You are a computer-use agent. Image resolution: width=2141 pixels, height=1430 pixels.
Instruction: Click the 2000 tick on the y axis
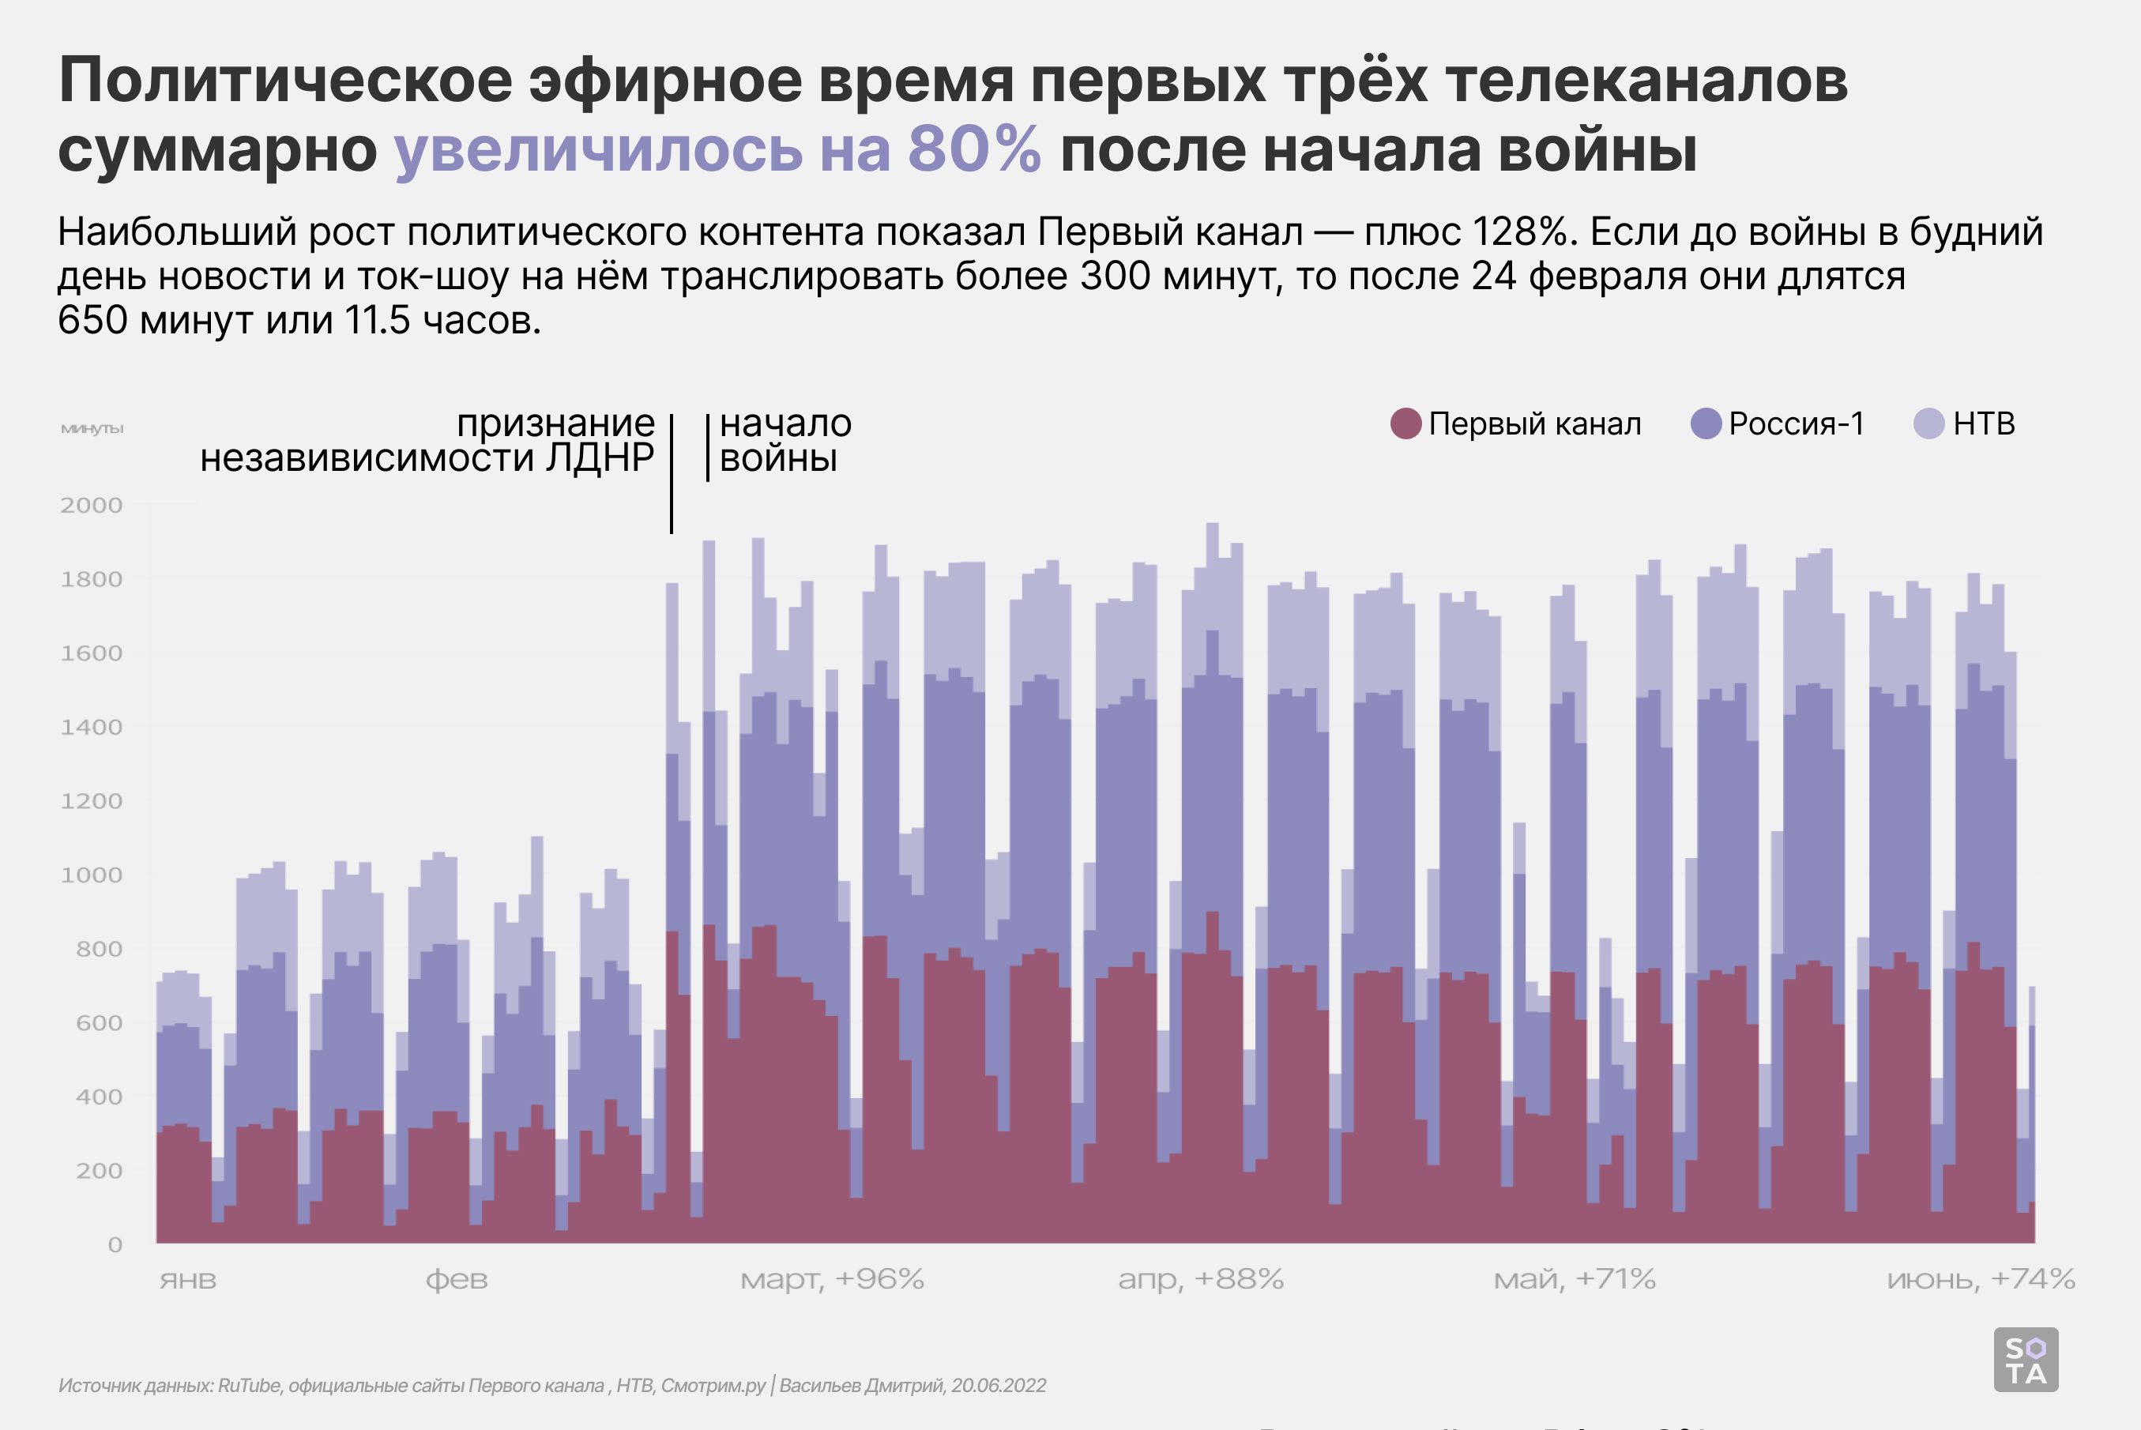(91, 506)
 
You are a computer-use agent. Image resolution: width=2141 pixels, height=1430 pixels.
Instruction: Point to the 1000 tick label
(91, 875)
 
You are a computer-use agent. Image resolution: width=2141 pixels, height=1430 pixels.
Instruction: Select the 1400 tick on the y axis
(91, 728)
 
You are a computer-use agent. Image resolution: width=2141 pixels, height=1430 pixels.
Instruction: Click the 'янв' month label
(188, 1280)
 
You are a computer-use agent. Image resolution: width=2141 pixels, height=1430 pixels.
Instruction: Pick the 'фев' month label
(456, 1280)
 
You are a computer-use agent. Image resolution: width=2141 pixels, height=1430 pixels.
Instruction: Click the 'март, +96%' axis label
(832, 1280)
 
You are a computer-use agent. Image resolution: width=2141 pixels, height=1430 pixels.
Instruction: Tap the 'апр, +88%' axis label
(1201, 1280)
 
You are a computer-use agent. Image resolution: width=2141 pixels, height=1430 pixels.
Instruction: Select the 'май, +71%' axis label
(1574, 1280)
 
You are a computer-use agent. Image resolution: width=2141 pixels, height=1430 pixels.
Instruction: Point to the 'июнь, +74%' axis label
(1981, 1280)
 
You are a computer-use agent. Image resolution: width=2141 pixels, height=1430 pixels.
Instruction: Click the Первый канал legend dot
(1406, 424)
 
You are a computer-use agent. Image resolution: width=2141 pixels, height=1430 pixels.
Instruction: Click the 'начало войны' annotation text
(785, 441)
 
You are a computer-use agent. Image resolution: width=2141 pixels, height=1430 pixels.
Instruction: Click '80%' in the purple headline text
(974, 150)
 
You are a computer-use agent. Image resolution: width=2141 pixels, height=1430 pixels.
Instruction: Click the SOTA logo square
(2026, 1360)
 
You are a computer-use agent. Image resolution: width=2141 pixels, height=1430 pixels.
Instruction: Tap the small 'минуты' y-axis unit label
(91, 429)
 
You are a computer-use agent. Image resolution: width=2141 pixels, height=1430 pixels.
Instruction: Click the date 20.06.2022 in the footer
(999, 1385)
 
